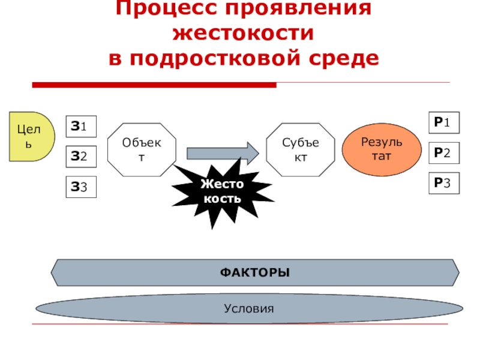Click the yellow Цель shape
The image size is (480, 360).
click(29, 136)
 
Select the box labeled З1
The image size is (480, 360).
click(80, 127)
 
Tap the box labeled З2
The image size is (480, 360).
click(80, 157)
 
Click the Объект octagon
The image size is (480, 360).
click(142, 150)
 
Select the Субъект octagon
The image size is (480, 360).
click(301, 150)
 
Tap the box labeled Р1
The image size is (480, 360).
click(443, 123)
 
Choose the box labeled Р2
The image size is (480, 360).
click(443, 152)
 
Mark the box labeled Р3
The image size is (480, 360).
click(443, 183)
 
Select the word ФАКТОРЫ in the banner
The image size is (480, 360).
click(254, 273)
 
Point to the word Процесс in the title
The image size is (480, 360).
click(162, 9)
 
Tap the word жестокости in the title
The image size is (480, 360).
click(243, 34)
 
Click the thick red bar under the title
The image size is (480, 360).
click(154, 85)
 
